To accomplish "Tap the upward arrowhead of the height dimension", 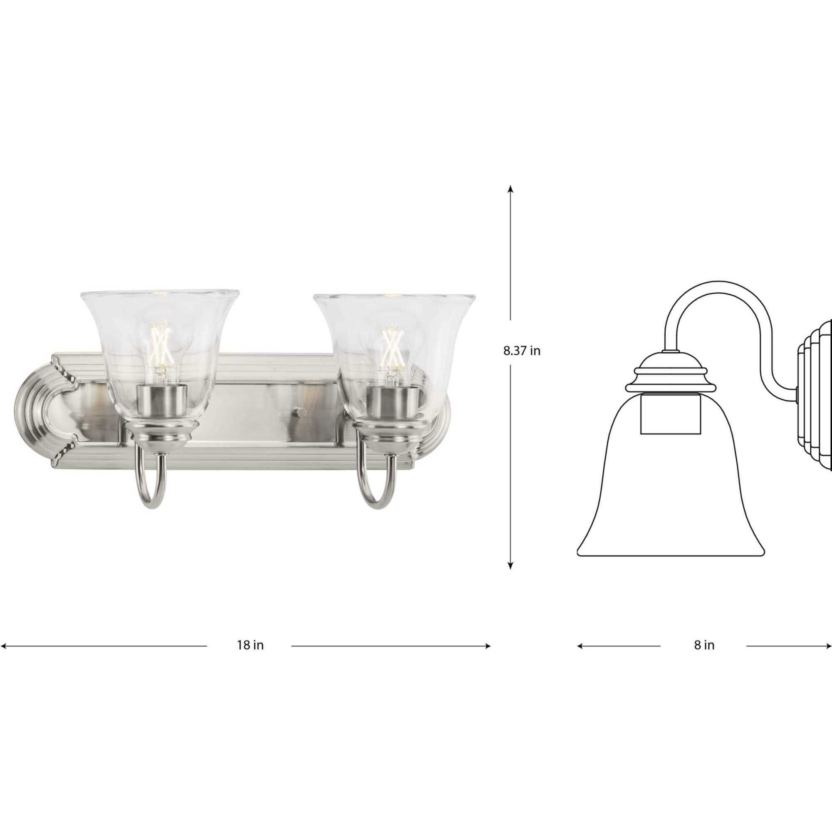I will (x=510, y=188).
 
